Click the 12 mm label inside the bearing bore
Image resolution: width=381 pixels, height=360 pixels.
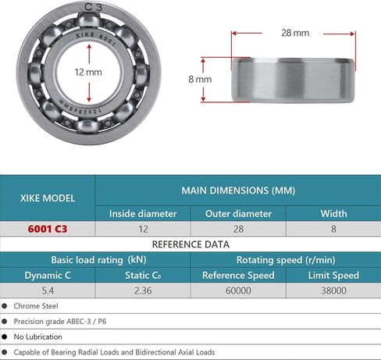pos(88,72)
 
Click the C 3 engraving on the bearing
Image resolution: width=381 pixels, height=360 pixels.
pos(93,7)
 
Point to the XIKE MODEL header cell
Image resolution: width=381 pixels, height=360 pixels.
pos(48,198)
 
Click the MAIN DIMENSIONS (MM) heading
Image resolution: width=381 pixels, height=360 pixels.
pos(237,190)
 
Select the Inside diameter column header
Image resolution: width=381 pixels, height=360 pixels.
pos(143,213)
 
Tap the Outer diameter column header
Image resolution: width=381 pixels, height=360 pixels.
pos(237,213)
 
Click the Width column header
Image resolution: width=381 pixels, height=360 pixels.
pos(333,213)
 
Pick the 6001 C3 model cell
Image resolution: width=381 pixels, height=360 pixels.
pos(48,229)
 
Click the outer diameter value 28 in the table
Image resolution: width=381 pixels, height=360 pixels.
pos(237,229)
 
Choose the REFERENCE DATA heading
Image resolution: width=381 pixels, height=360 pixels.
pos(190,244)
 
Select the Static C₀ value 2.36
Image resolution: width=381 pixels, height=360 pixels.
pos(143,290)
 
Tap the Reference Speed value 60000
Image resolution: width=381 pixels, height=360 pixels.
pos(237,290)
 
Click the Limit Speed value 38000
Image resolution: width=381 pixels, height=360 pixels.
pos(333,290)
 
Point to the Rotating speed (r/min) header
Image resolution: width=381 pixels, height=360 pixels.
pos(286,259)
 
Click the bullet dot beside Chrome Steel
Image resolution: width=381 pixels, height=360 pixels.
pos(5,305)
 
